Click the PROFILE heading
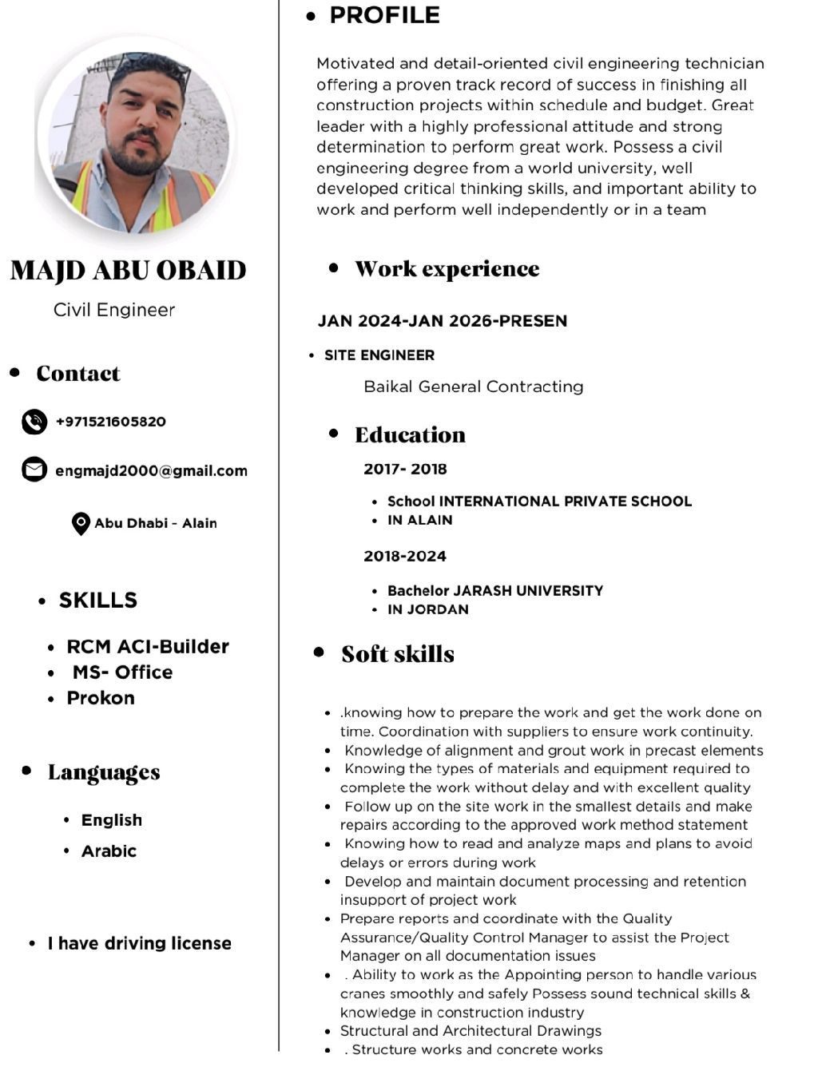tap(384, 15)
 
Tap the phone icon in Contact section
tap(34, 422)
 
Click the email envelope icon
tap(34, 470)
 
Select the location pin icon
tap(81, 524)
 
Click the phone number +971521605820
tap(110, 422)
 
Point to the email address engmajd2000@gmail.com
tap(151, 470)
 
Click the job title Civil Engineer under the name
tap(114, 310)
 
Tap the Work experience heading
tap(447, 269)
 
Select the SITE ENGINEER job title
tap(379, 355)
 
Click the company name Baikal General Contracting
tap(473, 387)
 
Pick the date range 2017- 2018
tap(405, 469)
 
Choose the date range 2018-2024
tap(405, 556)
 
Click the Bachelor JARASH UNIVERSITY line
tap(494, 591)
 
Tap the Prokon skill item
tap(101, 698)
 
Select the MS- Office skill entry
tap(122, 672)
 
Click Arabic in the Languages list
tap(109, 851)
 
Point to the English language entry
tap(112, 820)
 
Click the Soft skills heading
tap(397, 654)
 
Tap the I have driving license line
tap(139, 943)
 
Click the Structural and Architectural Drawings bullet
tap(471, 1031)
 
